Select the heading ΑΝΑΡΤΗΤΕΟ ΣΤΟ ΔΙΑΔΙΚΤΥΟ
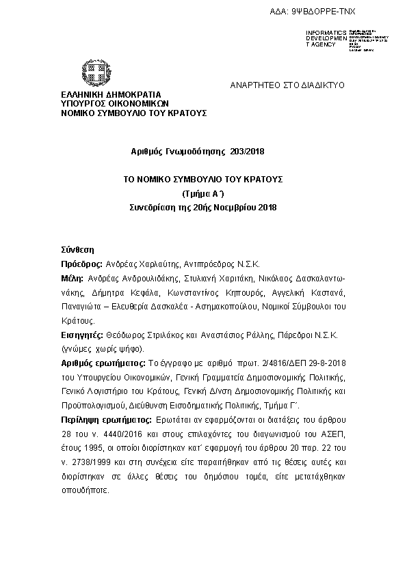[x=287, y=85]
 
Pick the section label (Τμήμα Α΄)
[x=203, y=193]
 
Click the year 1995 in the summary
[x=94, y=447]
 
